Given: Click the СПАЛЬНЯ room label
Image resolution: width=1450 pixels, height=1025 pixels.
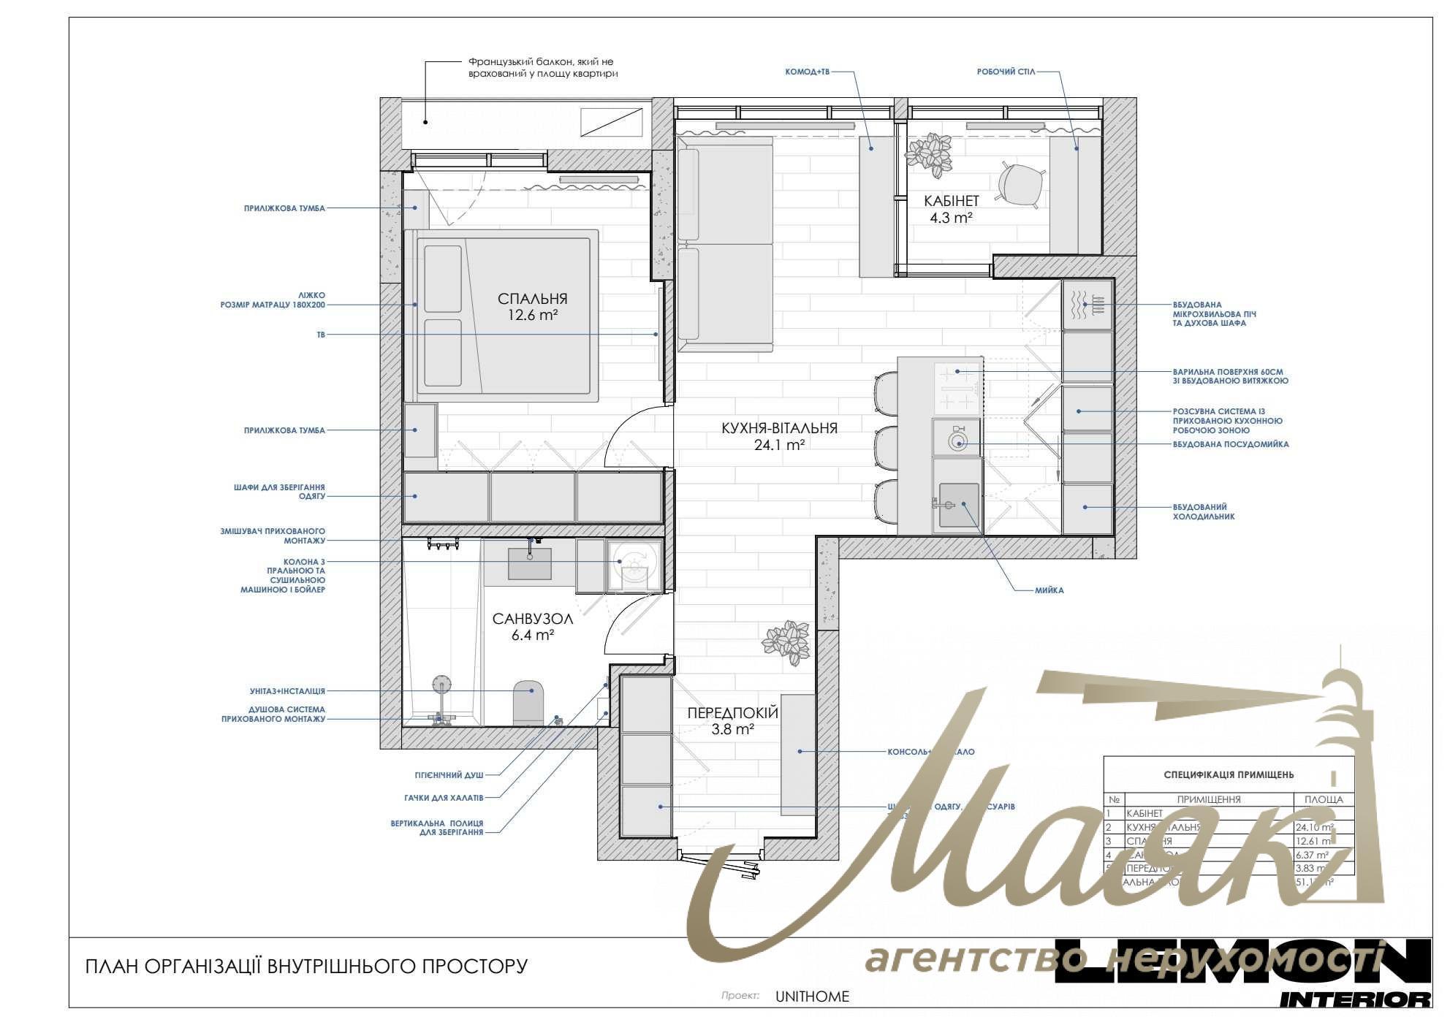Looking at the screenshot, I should pyautogui.click(x=532, y=299).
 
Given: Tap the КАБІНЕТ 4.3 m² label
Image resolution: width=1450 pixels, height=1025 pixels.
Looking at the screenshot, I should pyautogui.click(x=951, y=208).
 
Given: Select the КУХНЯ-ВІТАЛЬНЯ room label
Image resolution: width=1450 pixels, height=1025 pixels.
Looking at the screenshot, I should pyautogui.click(x=779, y=429).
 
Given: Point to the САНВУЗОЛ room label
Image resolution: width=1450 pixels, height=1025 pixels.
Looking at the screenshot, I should pyautogui.click(x=532, y=620).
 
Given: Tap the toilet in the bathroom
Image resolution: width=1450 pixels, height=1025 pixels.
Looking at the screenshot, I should pyautogui.click(x=528, y=702).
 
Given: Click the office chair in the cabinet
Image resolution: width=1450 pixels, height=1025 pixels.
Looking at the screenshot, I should pyautogui.click(x=1020, y=183).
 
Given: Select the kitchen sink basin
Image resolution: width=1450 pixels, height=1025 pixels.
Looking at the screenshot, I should pyautogui.click(x=958, y=504).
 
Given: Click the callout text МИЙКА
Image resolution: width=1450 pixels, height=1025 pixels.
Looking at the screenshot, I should pyautogui.click(x=1049, y=590).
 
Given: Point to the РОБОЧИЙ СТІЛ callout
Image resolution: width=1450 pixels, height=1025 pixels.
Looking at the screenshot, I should pyautogui.click(x=1006, y=72).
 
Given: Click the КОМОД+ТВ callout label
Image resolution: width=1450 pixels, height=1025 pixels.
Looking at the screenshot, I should pyautogui.click(x=807, y=72).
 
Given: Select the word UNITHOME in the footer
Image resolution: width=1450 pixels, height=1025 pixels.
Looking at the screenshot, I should pyautogui.click(x=812, y=997).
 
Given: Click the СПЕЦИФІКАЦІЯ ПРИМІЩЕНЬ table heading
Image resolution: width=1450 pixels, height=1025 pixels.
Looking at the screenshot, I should pyautogui.click(x=1229, y=774).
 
